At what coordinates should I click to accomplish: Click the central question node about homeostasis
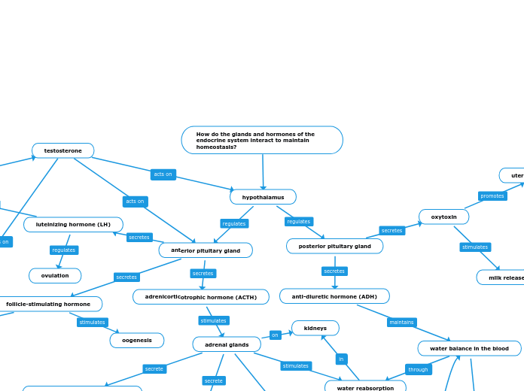(x=262, y=140)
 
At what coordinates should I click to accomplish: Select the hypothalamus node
(x=263, y=197)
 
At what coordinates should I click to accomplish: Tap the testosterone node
(x=63, y=150)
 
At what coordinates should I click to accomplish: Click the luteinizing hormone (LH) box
(x=73, y=224)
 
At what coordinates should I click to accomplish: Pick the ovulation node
(x=55, y=275)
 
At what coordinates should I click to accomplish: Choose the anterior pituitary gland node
(x=206, y=250)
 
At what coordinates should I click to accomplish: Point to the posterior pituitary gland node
(x=334, y=246)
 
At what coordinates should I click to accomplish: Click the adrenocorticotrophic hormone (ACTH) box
(x=201, y=297)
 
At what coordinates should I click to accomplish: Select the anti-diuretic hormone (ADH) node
(x=334, y=296)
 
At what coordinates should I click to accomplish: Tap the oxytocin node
(x=443, y=217)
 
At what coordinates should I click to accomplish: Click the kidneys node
(x=315, y=328)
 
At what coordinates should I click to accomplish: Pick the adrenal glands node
(x=227, y=344)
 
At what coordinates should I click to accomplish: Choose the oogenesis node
(x=137, y=340)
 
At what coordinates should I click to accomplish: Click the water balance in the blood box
(x=469, y=348)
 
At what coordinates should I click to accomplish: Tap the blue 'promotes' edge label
(x=492, y=196)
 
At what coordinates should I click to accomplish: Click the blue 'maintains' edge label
(x=401, y=322)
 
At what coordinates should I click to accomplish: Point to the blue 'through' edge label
(x=418, y=369)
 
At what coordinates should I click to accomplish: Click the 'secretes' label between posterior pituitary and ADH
(x=334, y=271)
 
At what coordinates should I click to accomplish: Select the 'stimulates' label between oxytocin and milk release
(x=475, y=247)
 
